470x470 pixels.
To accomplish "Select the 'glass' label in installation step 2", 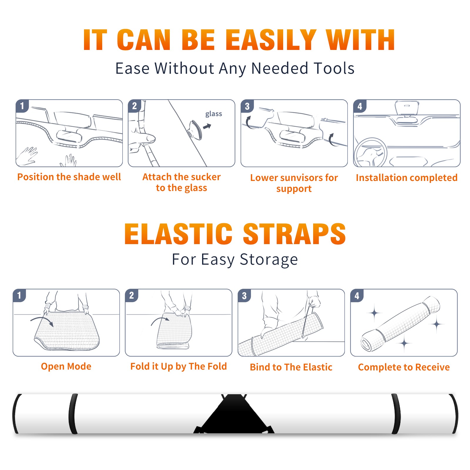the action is coord(214,114).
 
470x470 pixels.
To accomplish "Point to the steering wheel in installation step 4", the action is coord(371,152).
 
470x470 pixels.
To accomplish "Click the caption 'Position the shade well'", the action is coord(69,177).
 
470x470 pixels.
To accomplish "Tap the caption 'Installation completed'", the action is coord(407,178).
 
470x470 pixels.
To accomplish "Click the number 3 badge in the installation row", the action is coord(247,106).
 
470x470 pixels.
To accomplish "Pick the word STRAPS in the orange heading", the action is coord(294,234).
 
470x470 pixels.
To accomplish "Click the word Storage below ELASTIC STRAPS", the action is coord(269,260).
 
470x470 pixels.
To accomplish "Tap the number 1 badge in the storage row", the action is coord(19,295).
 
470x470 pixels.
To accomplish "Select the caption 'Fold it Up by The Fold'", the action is coord(179,366).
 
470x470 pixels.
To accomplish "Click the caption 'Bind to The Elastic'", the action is coord(291,367).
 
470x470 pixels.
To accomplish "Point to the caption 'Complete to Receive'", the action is coord(404,367).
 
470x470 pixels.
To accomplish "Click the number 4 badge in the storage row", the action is coord(357,296).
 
